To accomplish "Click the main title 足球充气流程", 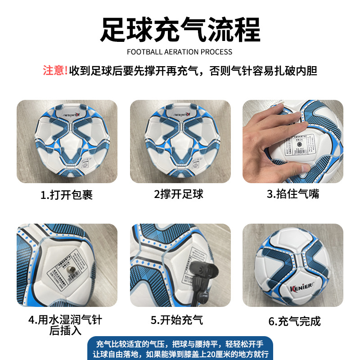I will tap(180, 30).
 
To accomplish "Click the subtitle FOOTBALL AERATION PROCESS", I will tap(180, 52).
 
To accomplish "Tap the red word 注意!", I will tap(55, 71).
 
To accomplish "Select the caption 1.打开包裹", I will tap(67, 195).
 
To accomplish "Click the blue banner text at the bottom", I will tap(180, 349).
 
